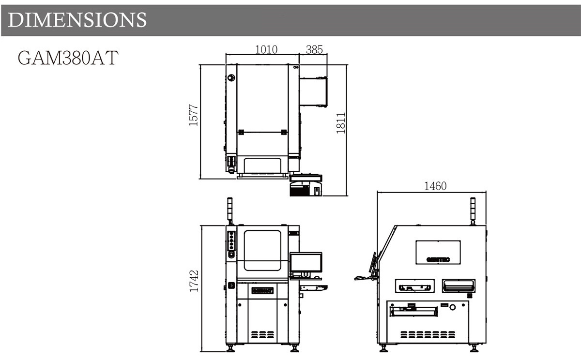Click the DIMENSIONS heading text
(x=77, y=20)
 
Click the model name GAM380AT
(x=68, y=58)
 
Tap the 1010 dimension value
(x=266, y=49)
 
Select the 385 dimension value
(x=314, y=49)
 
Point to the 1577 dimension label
(x=194, y=115)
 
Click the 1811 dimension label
(x=341, y=123)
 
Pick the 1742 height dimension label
(x=194, y=281)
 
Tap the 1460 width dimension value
(x=435, y=186)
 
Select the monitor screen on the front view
(x=306, y=262)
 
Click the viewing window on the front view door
(x=262, y=250)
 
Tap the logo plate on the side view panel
(x=438, y=252)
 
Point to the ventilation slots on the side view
(x=428, y=334)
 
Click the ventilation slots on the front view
(x=262, y=334)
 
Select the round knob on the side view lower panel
(x=452, y=307)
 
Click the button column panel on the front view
(x=231, y=241)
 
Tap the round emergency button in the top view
(x=231, y=77)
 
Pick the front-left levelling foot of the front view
(x=230, y=348)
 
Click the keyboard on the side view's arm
(x=360, y=278)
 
